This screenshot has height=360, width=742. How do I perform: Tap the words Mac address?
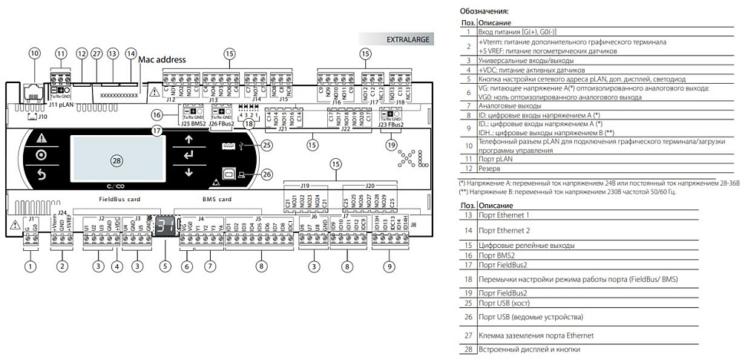162,59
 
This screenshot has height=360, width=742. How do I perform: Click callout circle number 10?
34,53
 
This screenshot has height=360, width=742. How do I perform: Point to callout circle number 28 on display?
116,160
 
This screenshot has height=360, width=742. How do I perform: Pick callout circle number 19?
392,145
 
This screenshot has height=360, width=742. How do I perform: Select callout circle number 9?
388,265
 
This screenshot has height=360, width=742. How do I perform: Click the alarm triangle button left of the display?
41,138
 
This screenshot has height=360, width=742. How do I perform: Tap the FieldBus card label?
119,200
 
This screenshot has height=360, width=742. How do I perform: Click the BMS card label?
217,200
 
